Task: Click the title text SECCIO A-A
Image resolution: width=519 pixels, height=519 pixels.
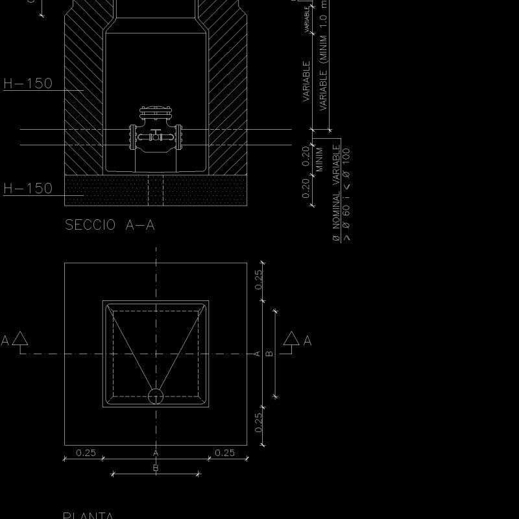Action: click(110, 225)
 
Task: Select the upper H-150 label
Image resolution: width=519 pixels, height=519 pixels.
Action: click(28, 84)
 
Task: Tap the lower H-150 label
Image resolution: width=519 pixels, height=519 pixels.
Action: click(28, 189)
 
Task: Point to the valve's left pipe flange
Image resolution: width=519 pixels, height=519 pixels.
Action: click(133, 136)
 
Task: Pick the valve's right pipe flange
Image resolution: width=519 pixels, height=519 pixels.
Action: click(184, 136)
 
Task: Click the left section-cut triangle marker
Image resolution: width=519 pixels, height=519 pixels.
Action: click(20, 338)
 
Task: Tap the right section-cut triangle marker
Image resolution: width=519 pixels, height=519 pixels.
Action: click(291, 338)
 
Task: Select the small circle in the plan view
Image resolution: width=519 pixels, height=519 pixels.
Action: click(156, 396)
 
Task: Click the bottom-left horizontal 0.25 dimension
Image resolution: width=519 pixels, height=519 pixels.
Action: click(86, 453)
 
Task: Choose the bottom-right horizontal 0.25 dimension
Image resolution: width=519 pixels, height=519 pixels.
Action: click(224, 453)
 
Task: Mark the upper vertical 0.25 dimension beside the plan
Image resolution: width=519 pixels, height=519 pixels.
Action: click(258, 280)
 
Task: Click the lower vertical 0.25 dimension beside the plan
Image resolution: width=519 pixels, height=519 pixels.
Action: click(258, 423)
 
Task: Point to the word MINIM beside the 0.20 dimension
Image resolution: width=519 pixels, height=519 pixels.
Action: click(320, 160)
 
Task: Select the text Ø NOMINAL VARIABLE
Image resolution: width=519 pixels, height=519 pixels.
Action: click(336, 193)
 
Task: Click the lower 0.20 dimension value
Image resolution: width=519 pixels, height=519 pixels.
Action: click(306, 188)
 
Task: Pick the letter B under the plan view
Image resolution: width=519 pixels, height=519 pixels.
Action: click(156, 468)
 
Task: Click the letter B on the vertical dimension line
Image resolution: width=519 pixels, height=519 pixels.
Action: click(269, 354)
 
